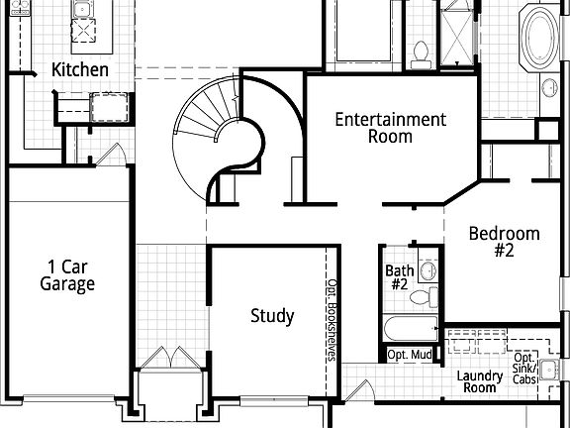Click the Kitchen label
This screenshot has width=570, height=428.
[80, 69]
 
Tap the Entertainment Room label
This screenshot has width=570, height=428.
[390, 128]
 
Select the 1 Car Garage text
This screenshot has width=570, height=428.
[67, 275]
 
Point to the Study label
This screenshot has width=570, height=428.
[271, 316]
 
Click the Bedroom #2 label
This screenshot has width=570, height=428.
[505, 243]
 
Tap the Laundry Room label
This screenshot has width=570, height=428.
[479, 381]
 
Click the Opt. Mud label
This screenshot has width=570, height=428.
[408, 355]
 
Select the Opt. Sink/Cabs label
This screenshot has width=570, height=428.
[525, 369]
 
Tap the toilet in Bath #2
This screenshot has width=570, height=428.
[425, 296]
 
